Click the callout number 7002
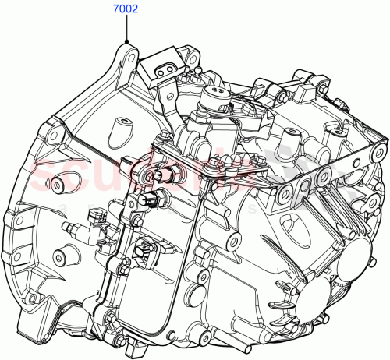pos(125,10)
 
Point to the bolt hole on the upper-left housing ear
pos(51,136)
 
